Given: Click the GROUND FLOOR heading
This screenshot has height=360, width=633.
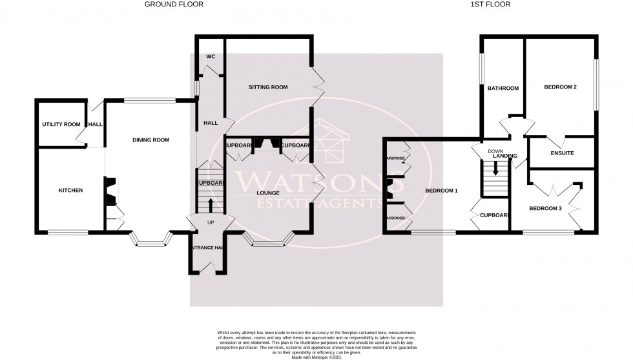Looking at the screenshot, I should pos(173,4).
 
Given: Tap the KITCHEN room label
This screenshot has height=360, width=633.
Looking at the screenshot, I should pos(71,191).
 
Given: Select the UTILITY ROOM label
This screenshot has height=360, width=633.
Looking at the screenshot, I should pos(61,124).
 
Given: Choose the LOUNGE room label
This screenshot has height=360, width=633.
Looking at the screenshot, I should pos(267,193).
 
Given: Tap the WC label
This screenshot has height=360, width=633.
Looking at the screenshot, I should pos(210,57).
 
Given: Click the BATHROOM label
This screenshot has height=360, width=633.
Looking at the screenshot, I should pos(503,89).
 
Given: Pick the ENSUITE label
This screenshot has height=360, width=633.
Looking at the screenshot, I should pos(561,153).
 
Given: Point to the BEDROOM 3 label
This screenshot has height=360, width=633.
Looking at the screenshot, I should pos(547,208).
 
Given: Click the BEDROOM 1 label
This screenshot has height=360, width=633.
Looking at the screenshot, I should pos(442,191).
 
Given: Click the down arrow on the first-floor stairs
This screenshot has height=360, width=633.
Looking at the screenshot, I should pos(495,169).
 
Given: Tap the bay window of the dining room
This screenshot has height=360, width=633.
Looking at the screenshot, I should pos(150,242).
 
